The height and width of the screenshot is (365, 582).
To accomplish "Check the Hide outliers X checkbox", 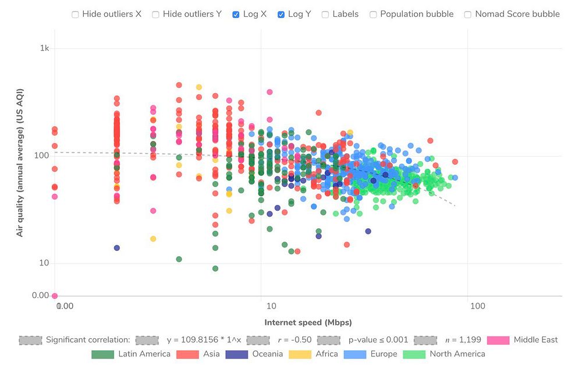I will [75, 14].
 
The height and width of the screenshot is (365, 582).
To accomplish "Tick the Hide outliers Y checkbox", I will [155, 14].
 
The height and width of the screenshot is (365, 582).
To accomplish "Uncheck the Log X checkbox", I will [236, 14].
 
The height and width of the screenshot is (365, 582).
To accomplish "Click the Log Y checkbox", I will [281, 14].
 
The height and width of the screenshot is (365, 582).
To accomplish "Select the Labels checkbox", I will [325, 14].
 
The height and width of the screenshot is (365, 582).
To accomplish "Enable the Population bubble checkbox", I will [373, 14].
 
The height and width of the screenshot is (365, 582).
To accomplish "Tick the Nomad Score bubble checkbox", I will [468, 14].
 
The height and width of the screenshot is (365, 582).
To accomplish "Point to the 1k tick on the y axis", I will [44, 48].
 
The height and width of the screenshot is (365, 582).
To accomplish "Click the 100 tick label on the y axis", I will [42, 156].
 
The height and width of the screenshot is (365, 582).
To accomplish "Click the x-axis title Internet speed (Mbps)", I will [308, 323].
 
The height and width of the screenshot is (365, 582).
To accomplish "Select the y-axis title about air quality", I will [20, 162].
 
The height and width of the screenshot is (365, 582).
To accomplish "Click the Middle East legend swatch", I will [498, 340].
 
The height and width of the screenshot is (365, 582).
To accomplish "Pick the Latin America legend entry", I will [132, 354].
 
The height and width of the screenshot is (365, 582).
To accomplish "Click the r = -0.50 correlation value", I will [297, 340].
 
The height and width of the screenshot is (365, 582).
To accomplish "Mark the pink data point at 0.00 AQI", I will [55, 296].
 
